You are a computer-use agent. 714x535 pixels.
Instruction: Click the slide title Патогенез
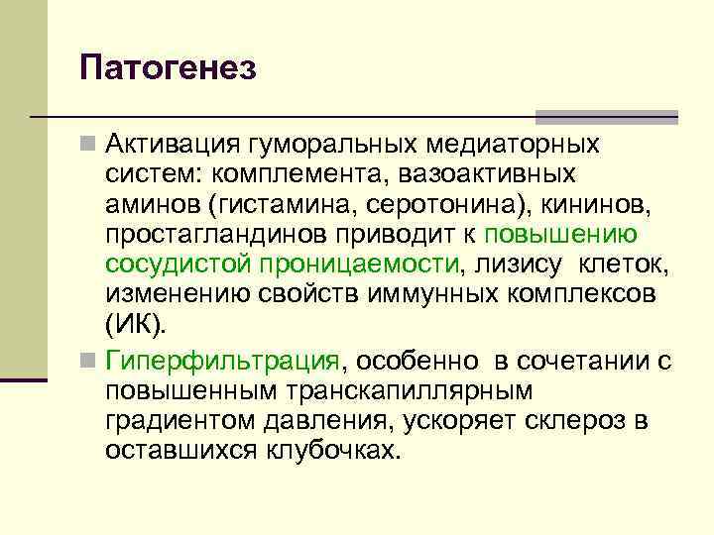(x=170, y=68)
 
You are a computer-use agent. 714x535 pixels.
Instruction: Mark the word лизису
(x=514, y=265)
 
